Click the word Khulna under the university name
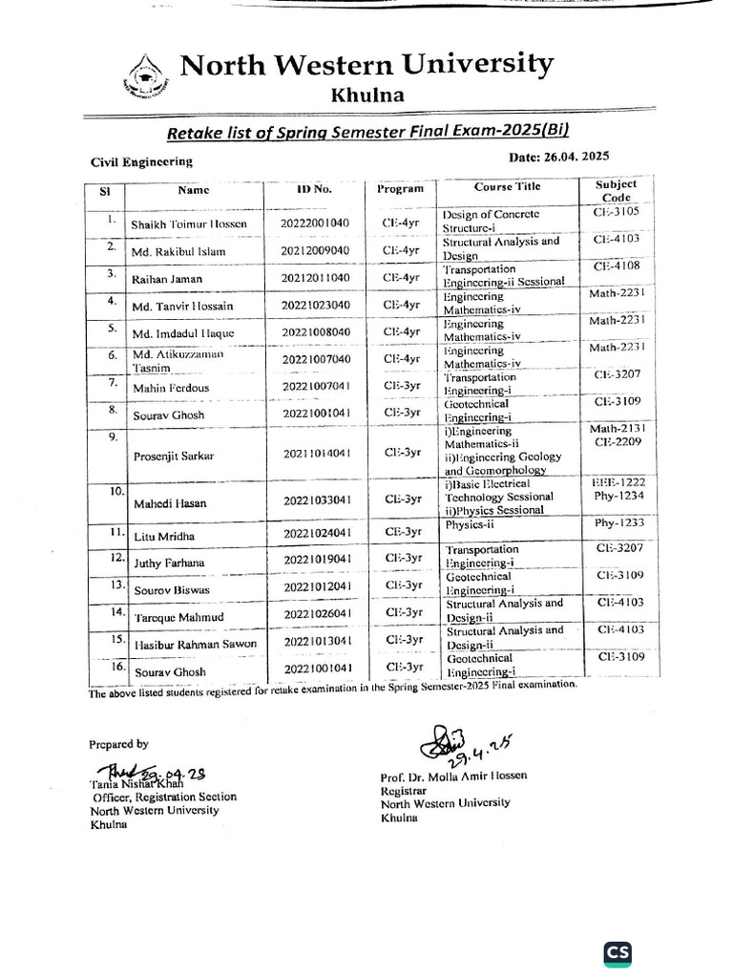tap(366, 95)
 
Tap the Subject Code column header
tap(616, 190)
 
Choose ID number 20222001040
tap(315, 223)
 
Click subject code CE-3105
tap(617, 211)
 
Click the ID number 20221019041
tap(318, 560)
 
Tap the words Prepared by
tap(118, 743)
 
